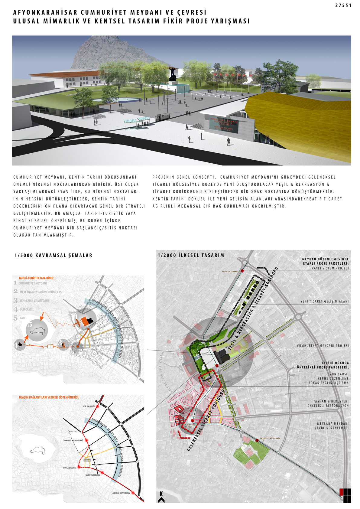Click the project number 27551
click(343, 5)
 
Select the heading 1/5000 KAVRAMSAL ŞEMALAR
click(53, 256)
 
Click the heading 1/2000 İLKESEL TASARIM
click(191, 256)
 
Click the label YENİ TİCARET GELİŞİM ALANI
click(324, 302)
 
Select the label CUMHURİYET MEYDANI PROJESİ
click(323, 346)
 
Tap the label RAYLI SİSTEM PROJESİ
click(330, 268)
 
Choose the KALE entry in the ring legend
click(23, 318)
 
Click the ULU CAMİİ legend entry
click(26, 309)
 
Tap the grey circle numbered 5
click(37, 330)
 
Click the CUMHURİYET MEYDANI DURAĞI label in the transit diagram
click(73, 441)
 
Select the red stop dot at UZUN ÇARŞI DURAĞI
click(79, 467)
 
